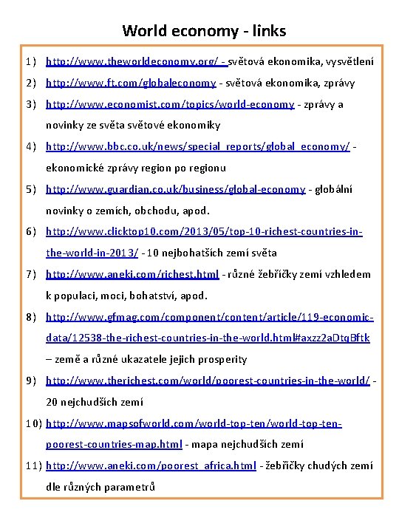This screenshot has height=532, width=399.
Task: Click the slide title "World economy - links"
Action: pyautogui.click(x=204, y=31)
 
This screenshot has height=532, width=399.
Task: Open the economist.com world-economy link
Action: pyautogui.click(x=170, y=105)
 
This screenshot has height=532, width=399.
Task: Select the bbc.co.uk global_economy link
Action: pyautogui.click(x=198, y=147)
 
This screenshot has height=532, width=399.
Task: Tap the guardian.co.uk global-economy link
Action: pyautogui.click(x=175, y=189)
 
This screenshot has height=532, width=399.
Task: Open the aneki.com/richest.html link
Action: pyautogui.click(x=132, y=274)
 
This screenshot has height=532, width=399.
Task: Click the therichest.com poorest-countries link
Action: pyautogui.click(x=208, y=381)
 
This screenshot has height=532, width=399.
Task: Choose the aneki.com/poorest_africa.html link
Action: pyautogui.click(x=151, y=465)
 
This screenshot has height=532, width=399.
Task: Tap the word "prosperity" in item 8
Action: pyautogui.click(x=219, y=359)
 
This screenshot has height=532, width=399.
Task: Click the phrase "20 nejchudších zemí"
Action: pyautogui.click(x=95, y=402)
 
